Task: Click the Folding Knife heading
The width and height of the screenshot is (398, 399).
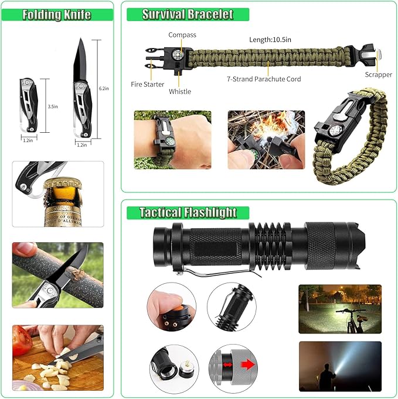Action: (x=56, y=15)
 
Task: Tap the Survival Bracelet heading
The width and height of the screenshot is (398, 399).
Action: (x=188, y=14)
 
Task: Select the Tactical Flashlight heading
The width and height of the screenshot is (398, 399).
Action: (x=188, y=212)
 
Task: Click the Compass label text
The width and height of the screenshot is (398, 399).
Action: (x=182, y=35)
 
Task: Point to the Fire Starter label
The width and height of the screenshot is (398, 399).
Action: (x=147, y=84)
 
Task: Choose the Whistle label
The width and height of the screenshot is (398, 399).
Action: (x=180, y=91)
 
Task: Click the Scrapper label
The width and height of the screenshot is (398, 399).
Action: (x=379, y=74)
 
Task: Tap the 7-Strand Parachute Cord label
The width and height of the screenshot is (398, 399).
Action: (x=264, y=79)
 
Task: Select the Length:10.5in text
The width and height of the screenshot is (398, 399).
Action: (x=270, y=40)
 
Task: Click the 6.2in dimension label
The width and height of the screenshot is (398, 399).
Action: (x=104, y=88)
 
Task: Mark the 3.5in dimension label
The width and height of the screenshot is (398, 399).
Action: (x=53, y=106)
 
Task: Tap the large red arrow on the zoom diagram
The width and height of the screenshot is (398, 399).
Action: (x=248, y=365)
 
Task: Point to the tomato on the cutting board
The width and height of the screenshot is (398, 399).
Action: (x=21, y=340)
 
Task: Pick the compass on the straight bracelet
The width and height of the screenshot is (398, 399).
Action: (x=178, y=54)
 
